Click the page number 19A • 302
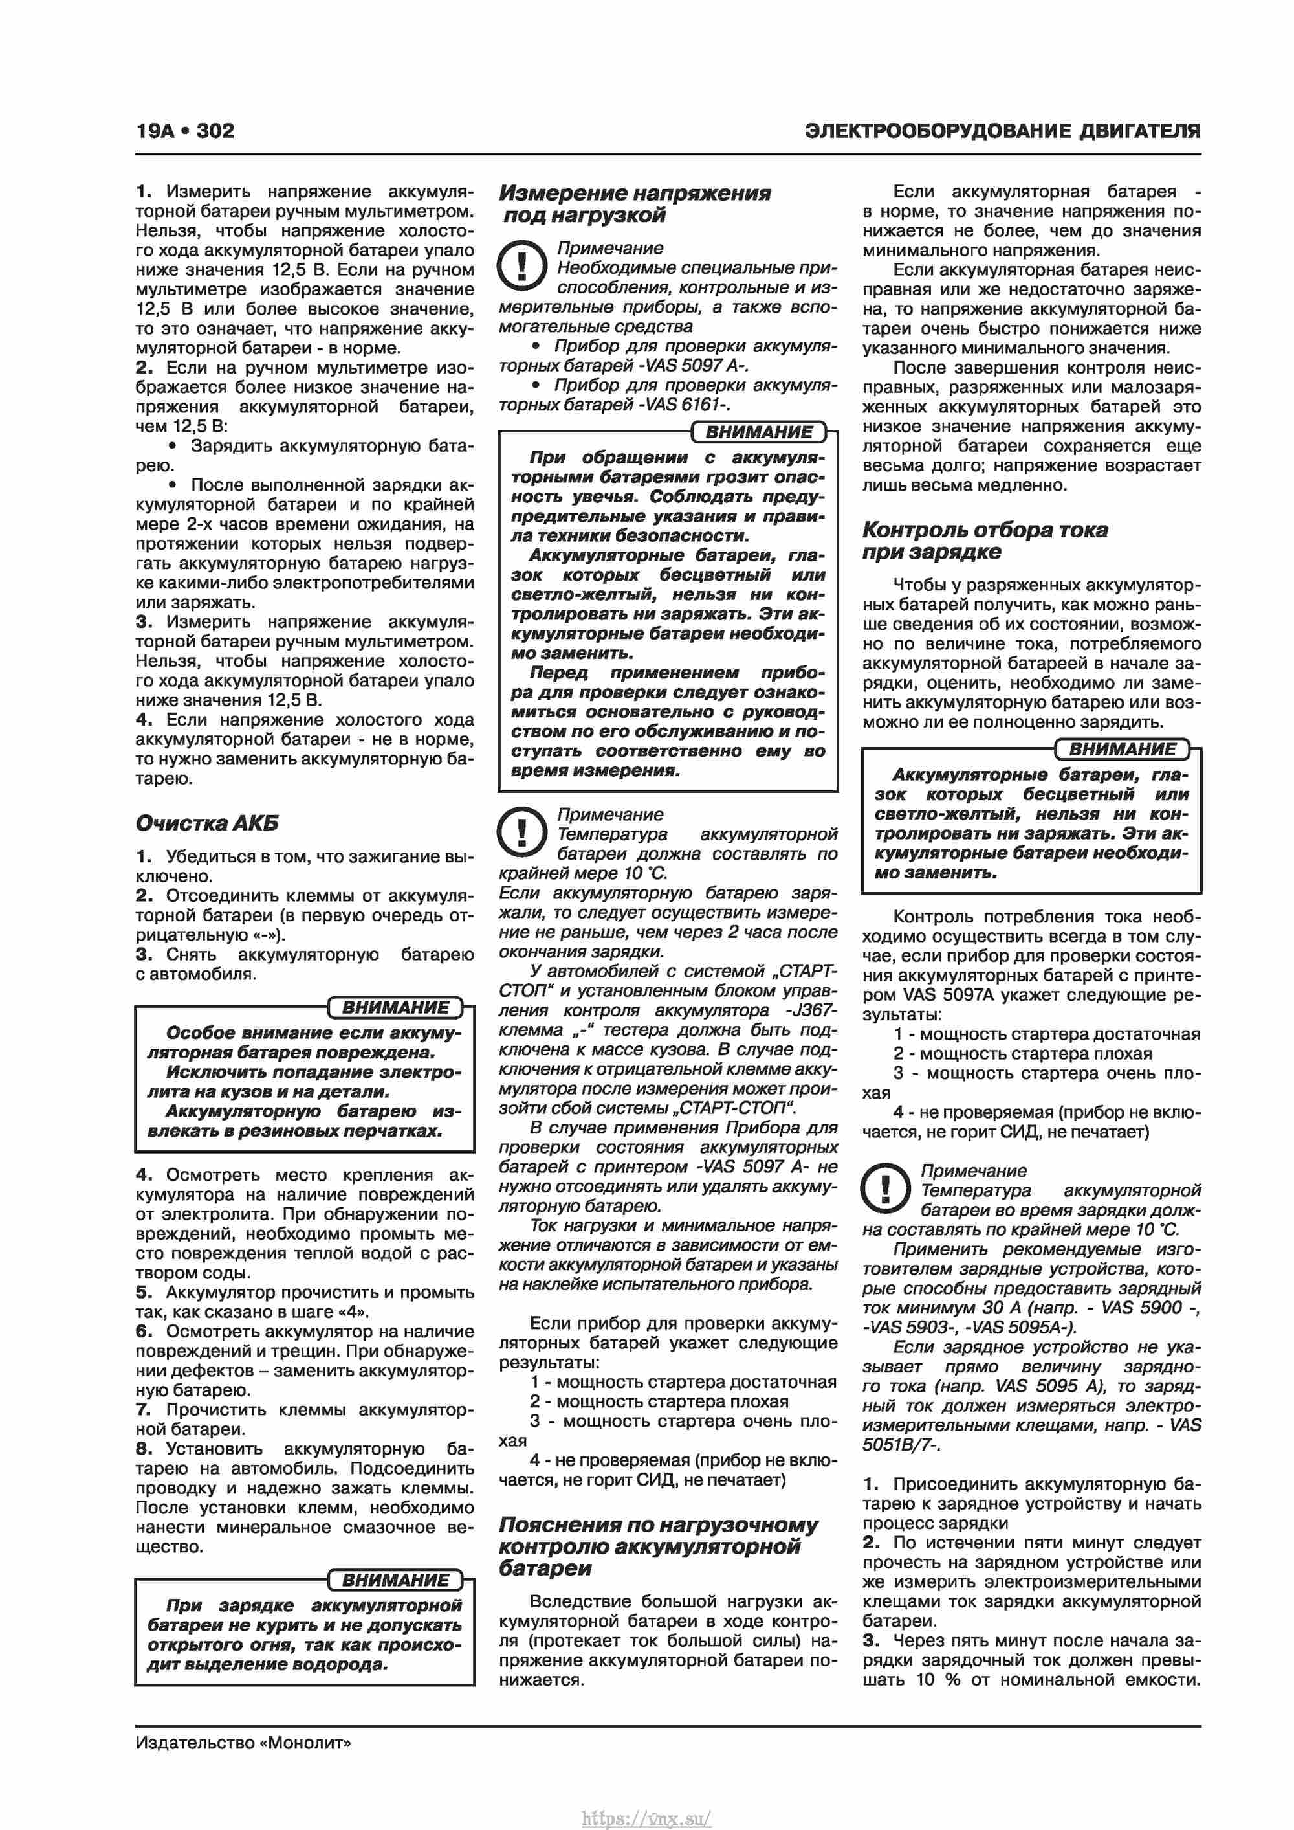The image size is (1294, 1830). click(185, 131)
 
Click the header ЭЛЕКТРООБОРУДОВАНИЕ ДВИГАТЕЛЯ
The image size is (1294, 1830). click(1002, 131)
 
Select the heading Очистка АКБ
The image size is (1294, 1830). click(207, 823)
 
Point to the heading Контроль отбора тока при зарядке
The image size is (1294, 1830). click(984, 541)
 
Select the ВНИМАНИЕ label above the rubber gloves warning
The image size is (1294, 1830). click(395, 1007)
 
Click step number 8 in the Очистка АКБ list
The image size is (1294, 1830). click(144, 1449)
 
